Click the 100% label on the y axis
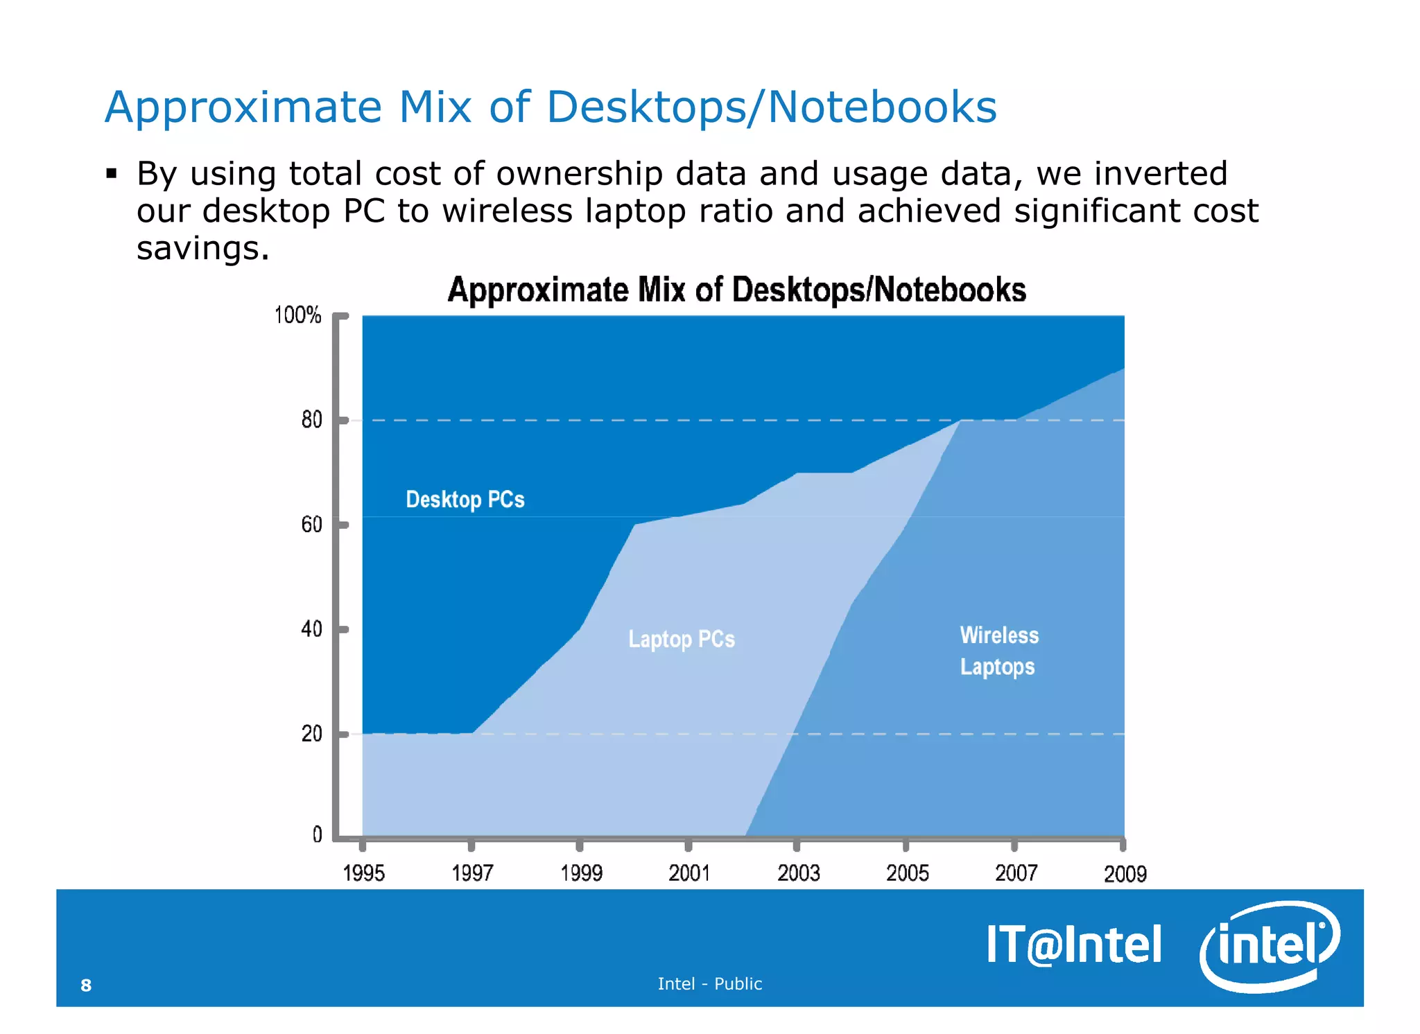pos(297,315)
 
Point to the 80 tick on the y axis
pos(311,420)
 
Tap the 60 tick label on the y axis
pos(311,525)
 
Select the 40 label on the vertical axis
pos(311,629)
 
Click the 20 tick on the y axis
pos(311,734)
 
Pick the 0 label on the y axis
pos(317,834)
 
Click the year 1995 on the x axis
pos(363,873)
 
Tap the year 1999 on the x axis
pos(581,873)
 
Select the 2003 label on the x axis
pos(798,873)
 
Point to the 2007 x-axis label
pos(1016,873)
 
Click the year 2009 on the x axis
pos(1125,874)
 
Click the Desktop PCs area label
pos(465,500)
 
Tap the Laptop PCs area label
pos(681,639)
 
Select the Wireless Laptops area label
pos(998,651)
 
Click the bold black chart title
pos(736,290)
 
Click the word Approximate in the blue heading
pos(243,107)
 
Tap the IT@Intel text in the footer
pos(1073,945)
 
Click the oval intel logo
pos(1270,945)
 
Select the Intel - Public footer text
pos(709,983)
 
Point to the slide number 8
pos(86,985)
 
